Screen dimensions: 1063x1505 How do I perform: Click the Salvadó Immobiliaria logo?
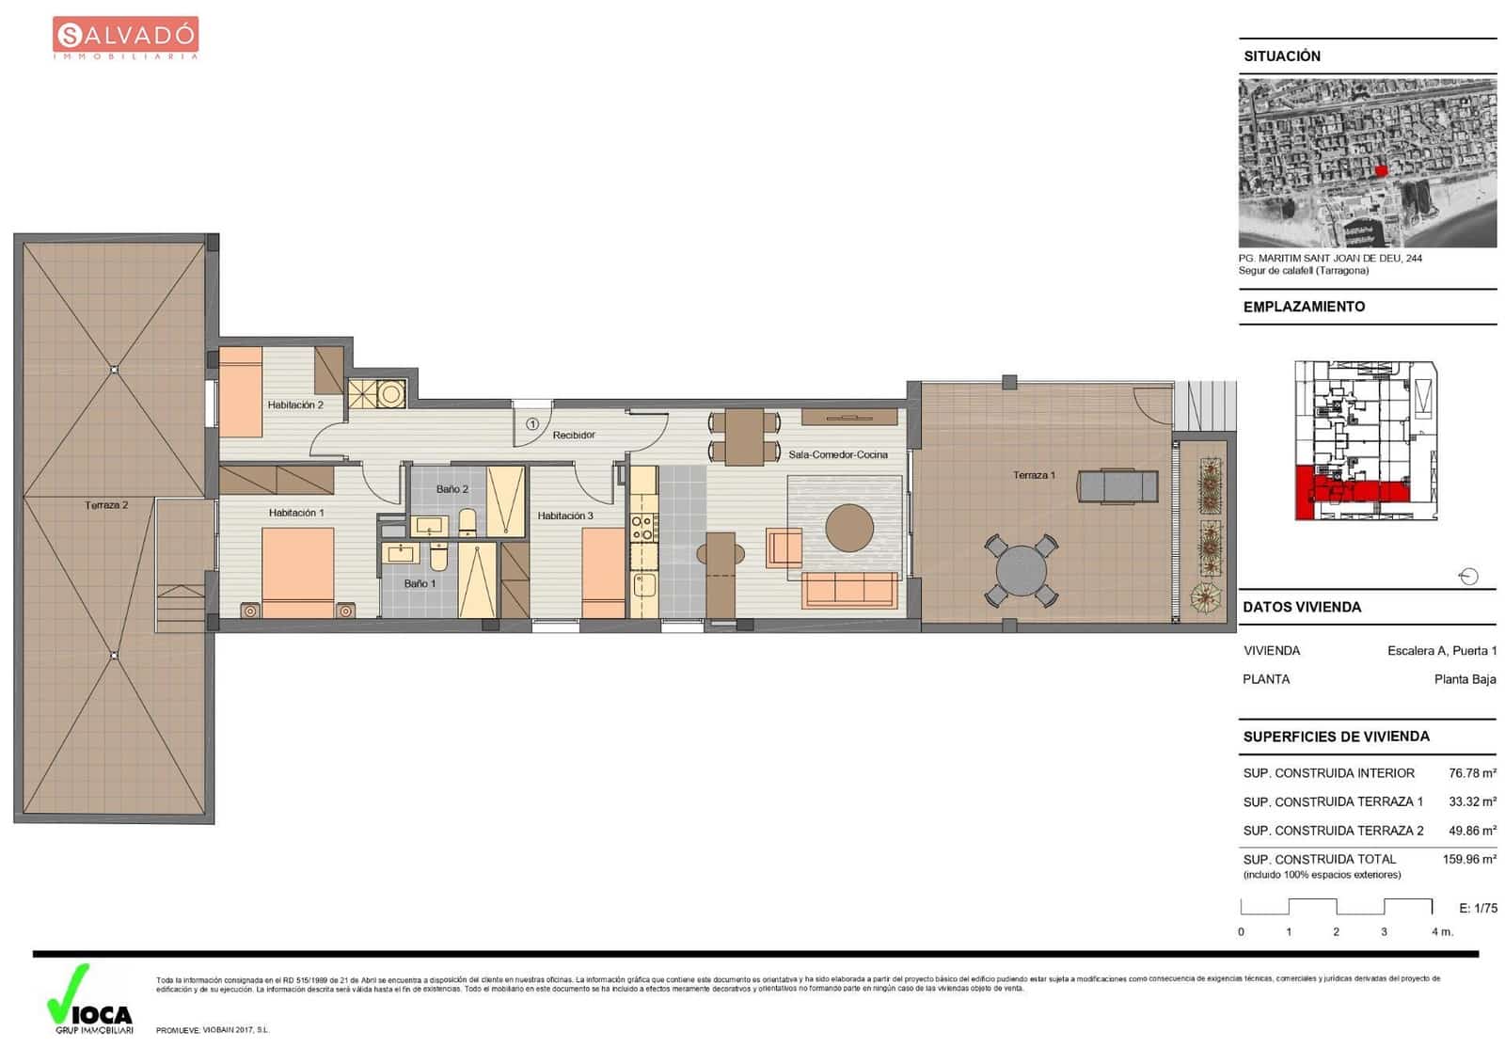click(x=125, y=38)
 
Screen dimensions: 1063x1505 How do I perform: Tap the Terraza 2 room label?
click(x=106, y=505)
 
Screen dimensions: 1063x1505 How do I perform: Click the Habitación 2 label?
click(x=295, y=405)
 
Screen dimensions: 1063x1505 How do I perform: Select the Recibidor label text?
click(x=574, y=435)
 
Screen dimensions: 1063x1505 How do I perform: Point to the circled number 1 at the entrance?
click(x=532, y=424)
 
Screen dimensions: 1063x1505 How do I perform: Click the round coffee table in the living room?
click(x=849, y=528)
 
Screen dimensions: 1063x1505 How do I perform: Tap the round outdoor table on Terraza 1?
click(x=1021, y=570)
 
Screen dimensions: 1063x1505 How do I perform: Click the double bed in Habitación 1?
click(x=297, y=572)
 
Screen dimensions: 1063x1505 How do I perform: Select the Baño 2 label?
click(x=451, y=489)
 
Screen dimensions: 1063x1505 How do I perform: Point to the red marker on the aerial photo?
click(x=1381, y=170)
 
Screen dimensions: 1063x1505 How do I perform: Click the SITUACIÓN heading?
click(x=1281, y=56)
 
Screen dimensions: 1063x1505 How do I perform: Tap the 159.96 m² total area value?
click(x=1469, y=858)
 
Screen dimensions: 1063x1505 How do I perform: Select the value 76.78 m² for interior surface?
click(x=1472, y=772)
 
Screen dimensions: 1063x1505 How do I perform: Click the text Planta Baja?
click(x=1465, y=679)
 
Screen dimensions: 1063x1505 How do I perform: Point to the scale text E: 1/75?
click(x=1478, y=908)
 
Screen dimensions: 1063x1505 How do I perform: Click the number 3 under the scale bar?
click(x=1384, y=931)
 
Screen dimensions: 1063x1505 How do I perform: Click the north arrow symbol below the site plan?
click(x=1468, y=577)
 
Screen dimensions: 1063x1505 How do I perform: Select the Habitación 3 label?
click(x=565, y=516)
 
